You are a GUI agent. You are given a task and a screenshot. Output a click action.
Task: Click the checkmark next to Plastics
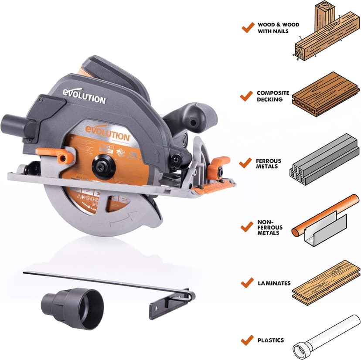pos(247,340)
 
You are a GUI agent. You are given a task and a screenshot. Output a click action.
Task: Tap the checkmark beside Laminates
pos(247,283)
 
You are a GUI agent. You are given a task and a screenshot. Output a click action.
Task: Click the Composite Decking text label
pos(273,96)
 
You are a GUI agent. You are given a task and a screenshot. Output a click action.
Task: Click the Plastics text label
pos(270,340)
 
